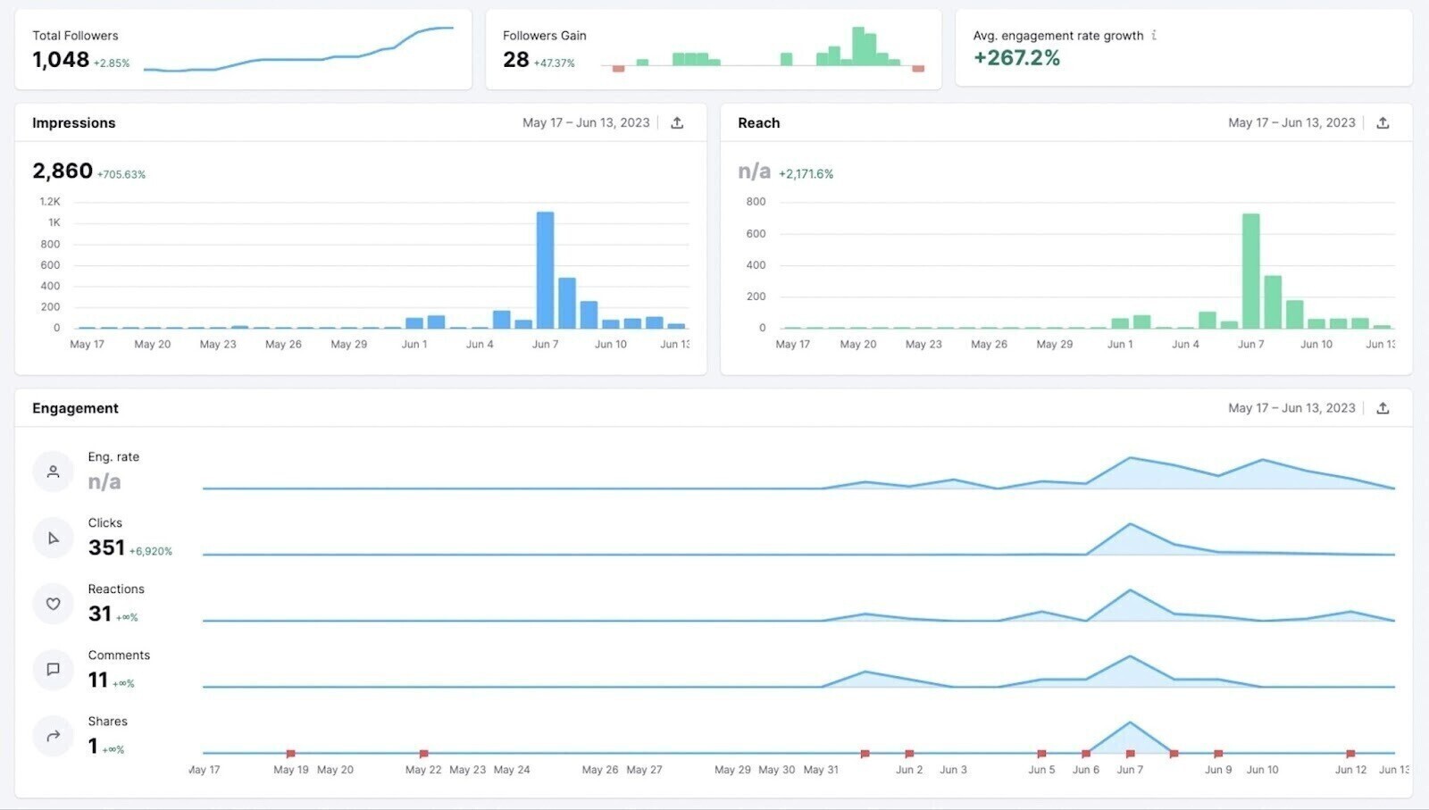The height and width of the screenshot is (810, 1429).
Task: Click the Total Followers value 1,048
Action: (61, 60)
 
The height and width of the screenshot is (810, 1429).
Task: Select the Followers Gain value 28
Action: (515, 60)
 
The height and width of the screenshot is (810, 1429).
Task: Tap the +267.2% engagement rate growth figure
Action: (1016, 58)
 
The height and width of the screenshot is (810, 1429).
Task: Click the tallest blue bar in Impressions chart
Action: (545, 270)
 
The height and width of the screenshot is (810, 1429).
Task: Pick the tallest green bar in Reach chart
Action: (1250, 271)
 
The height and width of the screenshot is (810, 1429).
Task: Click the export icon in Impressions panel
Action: (677, 123)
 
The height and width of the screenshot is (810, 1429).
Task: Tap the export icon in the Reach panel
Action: (1383, 123)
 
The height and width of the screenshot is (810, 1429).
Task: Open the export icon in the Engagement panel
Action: (1383, 408)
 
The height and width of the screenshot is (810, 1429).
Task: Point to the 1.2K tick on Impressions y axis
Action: (50, 202)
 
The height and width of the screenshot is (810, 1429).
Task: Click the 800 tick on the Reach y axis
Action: (756, 202)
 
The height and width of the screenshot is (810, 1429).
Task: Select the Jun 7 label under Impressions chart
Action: (545, 345)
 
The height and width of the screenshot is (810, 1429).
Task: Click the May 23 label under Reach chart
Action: (923, 345)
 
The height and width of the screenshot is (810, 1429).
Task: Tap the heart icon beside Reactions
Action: (53, 604)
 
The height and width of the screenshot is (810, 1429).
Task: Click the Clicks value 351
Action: (106, 547)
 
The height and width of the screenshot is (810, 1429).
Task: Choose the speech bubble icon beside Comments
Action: (53, 669)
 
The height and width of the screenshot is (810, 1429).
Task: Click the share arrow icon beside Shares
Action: (53, 736)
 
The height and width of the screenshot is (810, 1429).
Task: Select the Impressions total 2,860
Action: (63, 171)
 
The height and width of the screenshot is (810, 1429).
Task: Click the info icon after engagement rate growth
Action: (1154, 36)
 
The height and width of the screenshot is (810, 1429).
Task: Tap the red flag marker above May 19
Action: (290, 754)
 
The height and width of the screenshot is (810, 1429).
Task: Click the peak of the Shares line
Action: (1130, 722)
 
